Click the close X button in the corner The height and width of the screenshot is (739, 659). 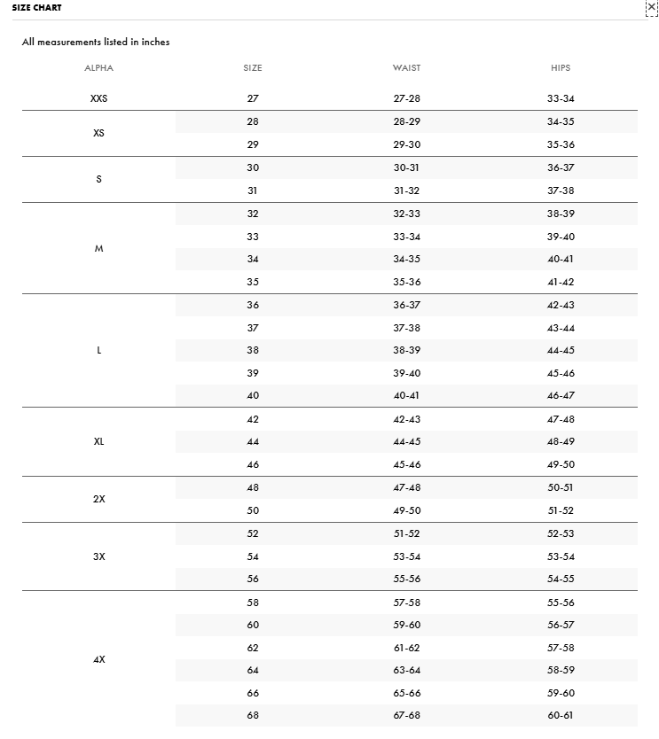pyautogui.click(x=652, y=7)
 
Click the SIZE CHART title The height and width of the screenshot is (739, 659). pyautogui.click(x=37, y=8)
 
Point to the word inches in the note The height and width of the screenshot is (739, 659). pyautogui.click(x=155, y=42)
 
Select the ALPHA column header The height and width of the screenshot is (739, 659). pyautogui.click(x=99, y=68)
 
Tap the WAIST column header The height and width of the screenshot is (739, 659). pyautogui.click(x=406, y=68)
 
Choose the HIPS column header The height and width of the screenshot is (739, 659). pyautogui.click(x=561, y=68)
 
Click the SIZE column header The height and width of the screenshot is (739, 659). pyautogui.click(x=253, y=68)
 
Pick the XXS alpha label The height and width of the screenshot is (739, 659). pyautogui.click(x=99, y=99)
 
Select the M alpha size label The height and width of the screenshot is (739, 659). pyautogui.click(x=99, y=249)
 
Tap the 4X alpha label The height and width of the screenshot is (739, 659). pyautogui.click(x=99, y=660)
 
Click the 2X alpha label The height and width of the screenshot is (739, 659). pyautogui.click(x=99, y=499)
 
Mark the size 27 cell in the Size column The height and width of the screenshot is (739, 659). pyautogui.click(x=253, y=99)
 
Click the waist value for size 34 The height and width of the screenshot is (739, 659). pyautogui.click(x=406, y=260)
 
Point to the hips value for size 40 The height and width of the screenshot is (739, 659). pyautogui.click(x=561, y=396)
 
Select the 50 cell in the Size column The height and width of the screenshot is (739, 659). pyautogui.click(x=253, y=511)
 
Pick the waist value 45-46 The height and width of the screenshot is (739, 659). pyautogui.click(x=406, y=465)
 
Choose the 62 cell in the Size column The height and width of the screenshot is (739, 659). pyautogui.click(x=253, y=649)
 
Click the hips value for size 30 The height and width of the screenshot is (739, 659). pyautogui.click(x=561, y=168)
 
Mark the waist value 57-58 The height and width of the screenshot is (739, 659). pyautogui.click(x=406, y=603)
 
